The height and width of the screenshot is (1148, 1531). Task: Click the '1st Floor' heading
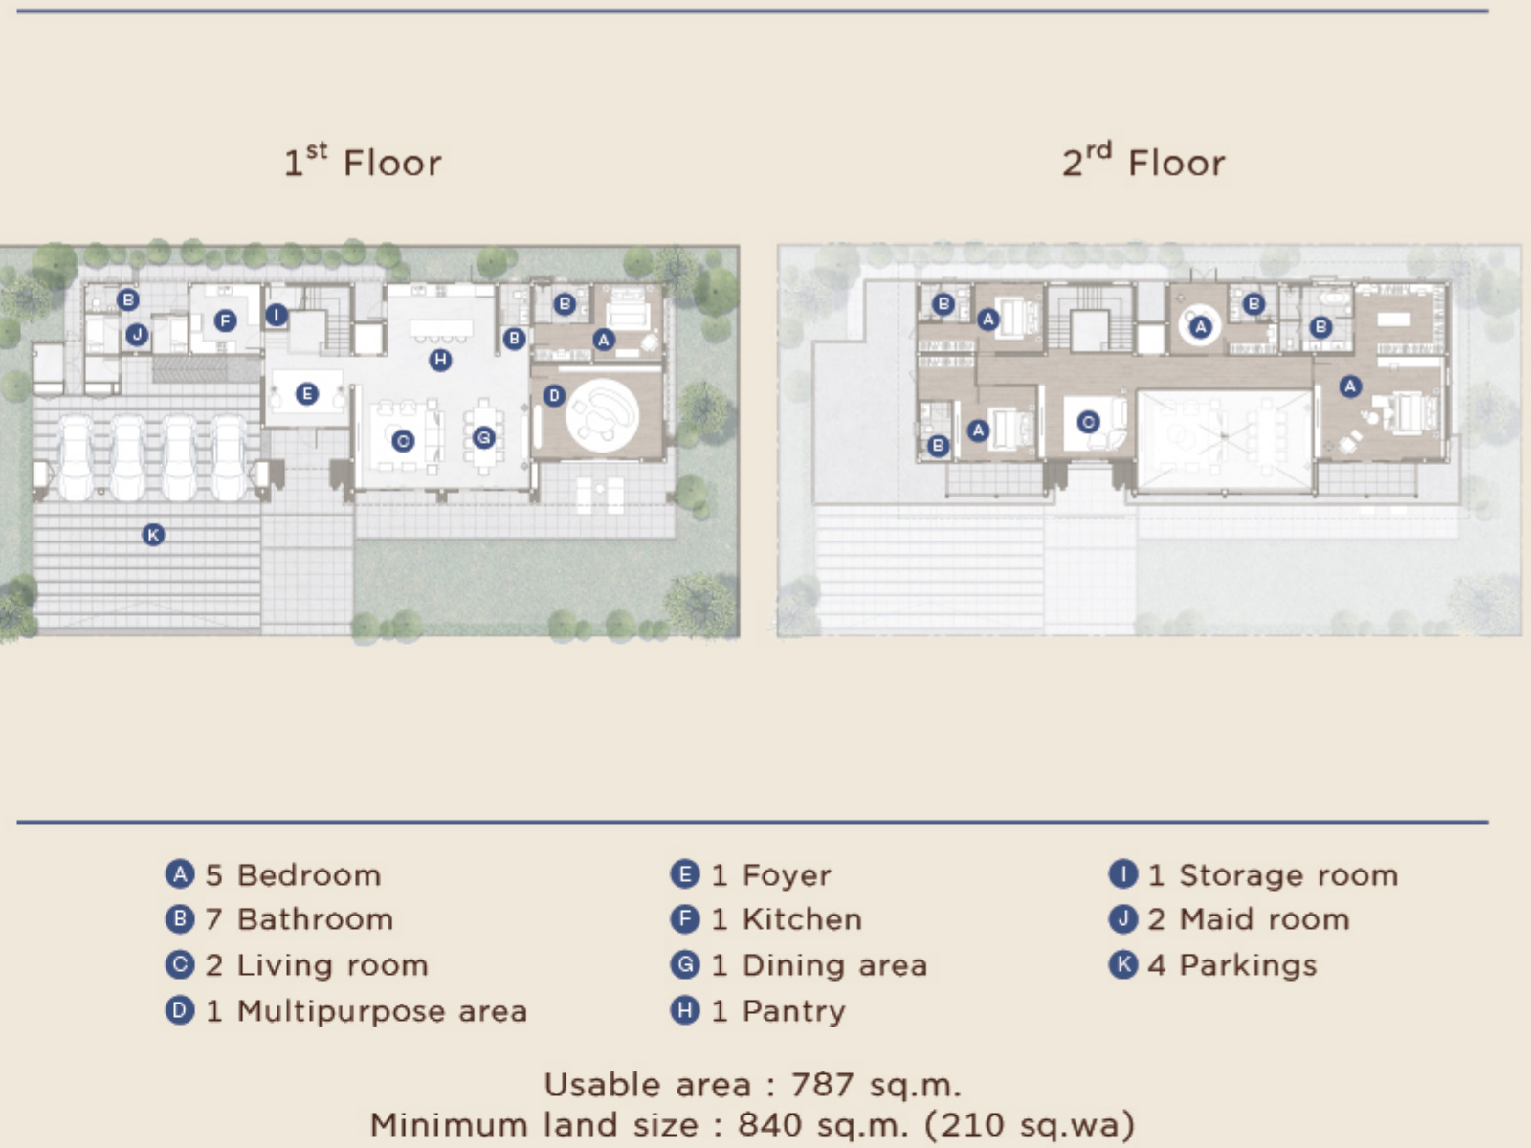tap(363, 161)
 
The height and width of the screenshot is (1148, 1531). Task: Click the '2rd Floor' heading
tap(1143, 161)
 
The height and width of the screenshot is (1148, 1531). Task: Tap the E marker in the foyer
tap(307, 394)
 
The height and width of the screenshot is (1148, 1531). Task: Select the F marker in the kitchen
tap(225, 320)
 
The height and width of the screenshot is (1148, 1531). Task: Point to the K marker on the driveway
tap(153, 535)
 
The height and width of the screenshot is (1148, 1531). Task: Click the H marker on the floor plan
tap(440, 360)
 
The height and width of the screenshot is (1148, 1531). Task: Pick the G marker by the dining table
tap(484, 438)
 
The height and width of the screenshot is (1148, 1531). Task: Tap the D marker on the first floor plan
tap(554, 396)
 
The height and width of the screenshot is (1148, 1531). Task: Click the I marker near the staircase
tap(277, 315)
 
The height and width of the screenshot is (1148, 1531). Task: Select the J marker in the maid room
tap(137, 335)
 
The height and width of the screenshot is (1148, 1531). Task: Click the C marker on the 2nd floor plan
tap(1088, 422)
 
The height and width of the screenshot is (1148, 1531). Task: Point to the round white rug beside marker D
tap(602, 415)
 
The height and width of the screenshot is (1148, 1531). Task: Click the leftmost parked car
tap(76, 456)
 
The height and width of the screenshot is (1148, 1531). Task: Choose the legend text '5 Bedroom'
tap(293, 874)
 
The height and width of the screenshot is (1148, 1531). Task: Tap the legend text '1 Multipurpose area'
tap(366, 1010)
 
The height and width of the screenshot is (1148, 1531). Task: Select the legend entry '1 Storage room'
tap(1273, 874)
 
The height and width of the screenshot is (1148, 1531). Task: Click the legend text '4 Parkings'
tap(1232, 965)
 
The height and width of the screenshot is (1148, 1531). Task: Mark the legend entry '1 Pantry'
tap(778, 1010)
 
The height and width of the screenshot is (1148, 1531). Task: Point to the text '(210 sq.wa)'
tap(1030, 1124)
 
